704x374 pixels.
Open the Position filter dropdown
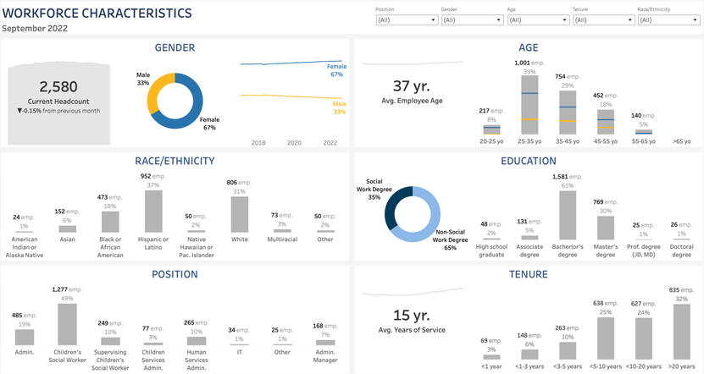click(x=407, y=19)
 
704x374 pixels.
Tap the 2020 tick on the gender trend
click(x=294, y=143)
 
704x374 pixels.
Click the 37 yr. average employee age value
click(x=412, y=86)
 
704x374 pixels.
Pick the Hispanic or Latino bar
click(x=152, y=212)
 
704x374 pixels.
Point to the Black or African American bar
click(x=110, y=222)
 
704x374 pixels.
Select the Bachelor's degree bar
click(x=567, y=215)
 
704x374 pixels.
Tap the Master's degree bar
click(x=605, y=228)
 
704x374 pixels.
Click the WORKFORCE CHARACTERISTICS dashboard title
click(x=97, y=13)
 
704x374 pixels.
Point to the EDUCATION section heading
click(x=528, y=161)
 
